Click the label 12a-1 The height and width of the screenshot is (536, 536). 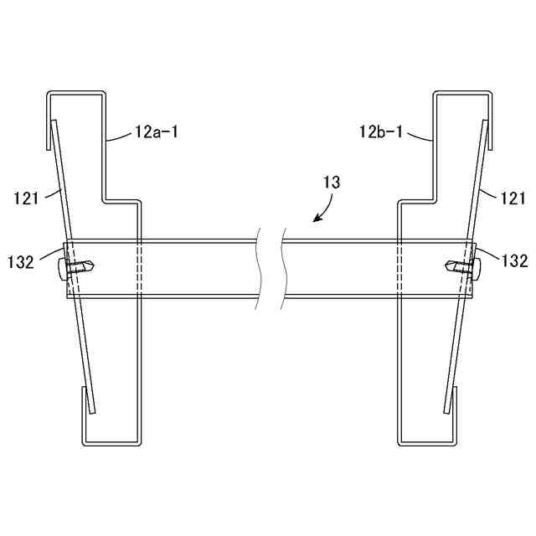tap(157, 131)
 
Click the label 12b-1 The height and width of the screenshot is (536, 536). tap(381, 131)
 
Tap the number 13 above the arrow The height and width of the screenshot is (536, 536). tap(332, 183)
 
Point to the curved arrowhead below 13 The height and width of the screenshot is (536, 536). tap(317, 218)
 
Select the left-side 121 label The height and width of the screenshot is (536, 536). tap(26, 198)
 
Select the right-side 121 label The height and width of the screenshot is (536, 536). tap(513, 198)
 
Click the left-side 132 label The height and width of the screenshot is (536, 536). tap(21, 262)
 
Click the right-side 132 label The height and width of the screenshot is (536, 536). tap(514, 261)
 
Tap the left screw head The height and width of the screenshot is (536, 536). tap(62, 270)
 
